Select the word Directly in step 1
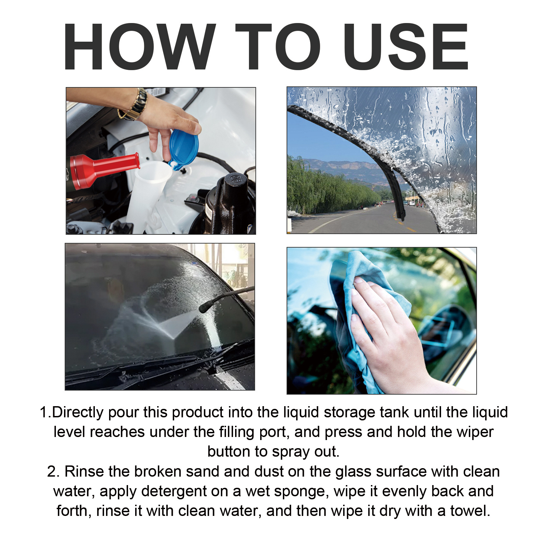(78, 413)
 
